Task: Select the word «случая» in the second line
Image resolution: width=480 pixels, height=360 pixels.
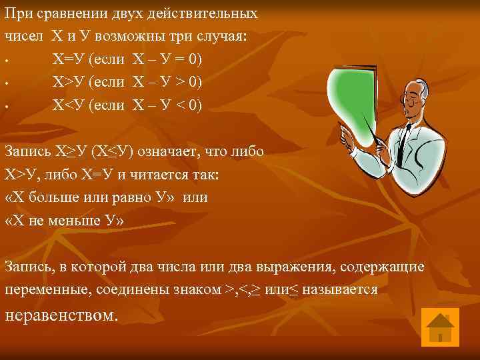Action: click(x=224, y=36)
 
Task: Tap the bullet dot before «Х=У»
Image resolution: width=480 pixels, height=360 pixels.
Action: click(x=6, y=62)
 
